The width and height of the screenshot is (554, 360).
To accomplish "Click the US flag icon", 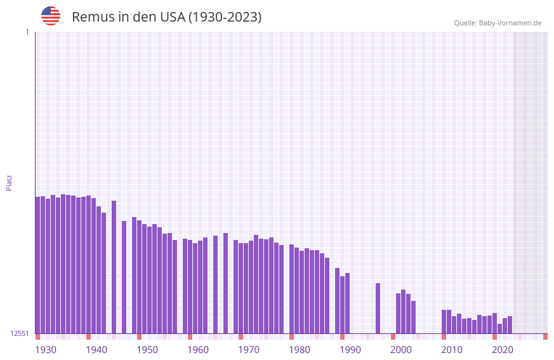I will [x=51, y=16].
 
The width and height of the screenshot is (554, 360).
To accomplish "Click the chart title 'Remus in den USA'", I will [x=166, y=17].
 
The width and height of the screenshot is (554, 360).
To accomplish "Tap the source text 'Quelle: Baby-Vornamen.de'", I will [x=498, y=23].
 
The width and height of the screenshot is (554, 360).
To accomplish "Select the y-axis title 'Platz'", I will [x=9, y=182].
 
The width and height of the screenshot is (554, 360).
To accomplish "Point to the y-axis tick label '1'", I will [x=27, y=32].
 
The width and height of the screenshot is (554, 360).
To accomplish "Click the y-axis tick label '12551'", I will [x=20, y=333].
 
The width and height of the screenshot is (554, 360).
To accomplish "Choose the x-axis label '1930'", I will [x=46, y=350].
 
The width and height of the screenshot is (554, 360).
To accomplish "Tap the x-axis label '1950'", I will [x=147, y=350].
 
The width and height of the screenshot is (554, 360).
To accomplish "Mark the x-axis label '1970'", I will [x=249, y=350].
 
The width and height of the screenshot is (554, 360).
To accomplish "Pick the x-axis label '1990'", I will [x=350, y=350].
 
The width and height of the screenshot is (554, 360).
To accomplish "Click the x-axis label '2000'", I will [x=401, y=350].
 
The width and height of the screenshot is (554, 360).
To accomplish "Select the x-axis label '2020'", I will [x=503, y=350].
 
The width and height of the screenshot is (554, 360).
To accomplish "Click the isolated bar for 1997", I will [x=378, y=308].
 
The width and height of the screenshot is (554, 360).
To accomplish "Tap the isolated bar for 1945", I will [x=114, y=267].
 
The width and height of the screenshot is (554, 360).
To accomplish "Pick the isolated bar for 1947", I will [x=124, y=277].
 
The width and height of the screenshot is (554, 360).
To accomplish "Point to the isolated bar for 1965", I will [x=225, y=283].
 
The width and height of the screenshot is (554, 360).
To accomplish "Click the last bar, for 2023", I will [x=510, y=324].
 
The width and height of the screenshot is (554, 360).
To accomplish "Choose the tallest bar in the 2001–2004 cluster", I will [x=403, y=311].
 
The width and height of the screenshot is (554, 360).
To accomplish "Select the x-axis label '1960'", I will [x=198, y=350].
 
